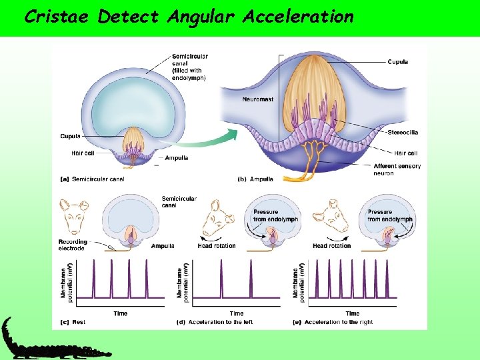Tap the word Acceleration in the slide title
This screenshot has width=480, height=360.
298,16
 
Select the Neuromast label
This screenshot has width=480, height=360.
258,99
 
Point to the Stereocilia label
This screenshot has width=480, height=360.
404,132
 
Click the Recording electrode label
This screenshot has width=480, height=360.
72,244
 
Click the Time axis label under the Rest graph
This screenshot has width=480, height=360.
121,313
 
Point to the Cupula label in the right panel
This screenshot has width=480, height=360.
398,62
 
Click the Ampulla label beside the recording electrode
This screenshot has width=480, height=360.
163,246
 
